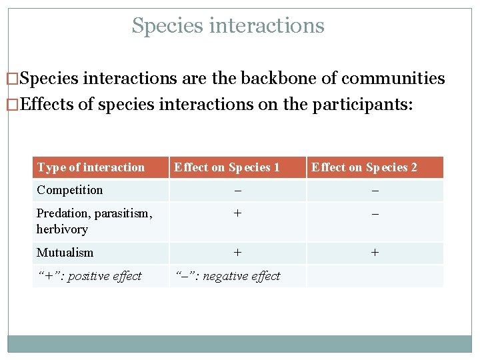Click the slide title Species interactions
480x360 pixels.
click(x=228, y=26)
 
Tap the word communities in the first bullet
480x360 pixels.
click(x=393, y=79)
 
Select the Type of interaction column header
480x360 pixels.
click(x=91, y=167)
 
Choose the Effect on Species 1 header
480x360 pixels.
click(x=227, y=167)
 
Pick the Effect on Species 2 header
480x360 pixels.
click(x=364, y=167)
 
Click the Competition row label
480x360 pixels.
click(x=70, y=190)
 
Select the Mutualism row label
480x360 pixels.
click(x=65, y=253)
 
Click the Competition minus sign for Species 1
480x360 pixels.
click(x=237, y=191)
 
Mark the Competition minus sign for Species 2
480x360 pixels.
click(x=375, y=191)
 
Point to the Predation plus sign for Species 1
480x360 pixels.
click(x=237, y=213)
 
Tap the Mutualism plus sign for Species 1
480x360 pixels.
click(x=237, y=253)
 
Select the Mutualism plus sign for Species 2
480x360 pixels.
click(x=375, y=253)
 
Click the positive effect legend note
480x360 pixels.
click(x=89, y=276)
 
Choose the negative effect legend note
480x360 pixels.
click(x=227, y=276)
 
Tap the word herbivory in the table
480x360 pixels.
click(x=62, y=229)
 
